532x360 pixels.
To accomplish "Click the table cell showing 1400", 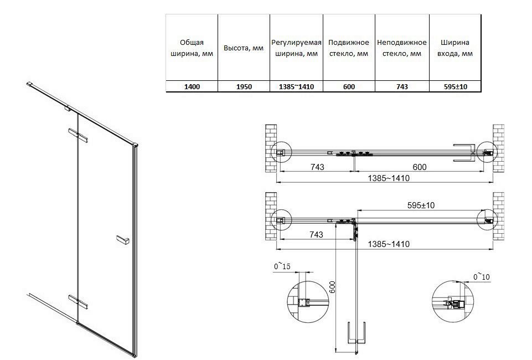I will (192, 87).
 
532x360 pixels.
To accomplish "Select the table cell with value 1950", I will (243, 87).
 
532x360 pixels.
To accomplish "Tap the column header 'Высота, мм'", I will (243, 48).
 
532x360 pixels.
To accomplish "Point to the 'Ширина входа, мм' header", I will (455, 48).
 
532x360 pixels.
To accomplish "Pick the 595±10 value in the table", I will (455, 87).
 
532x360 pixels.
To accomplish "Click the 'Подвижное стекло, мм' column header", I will (348, 48).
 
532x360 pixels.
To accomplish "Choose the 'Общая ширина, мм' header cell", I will (192, 48).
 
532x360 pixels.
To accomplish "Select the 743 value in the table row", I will (402, 87).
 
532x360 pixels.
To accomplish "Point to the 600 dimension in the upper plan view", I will (420, 167).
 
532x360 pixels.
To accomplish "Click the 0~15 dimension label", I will (282, 267).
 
